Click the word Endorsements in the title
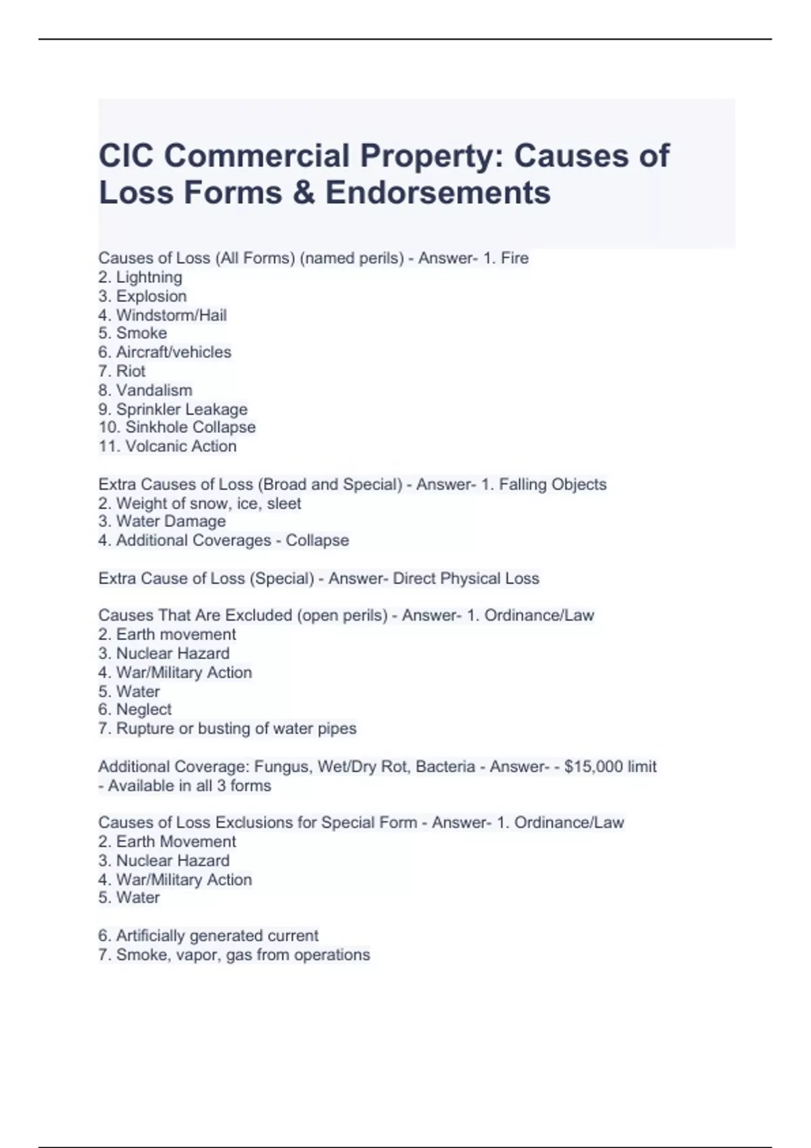pyautogui.click(x=438, y=192)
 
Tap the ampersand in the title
pyautogui.click(x=303, y=192)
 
